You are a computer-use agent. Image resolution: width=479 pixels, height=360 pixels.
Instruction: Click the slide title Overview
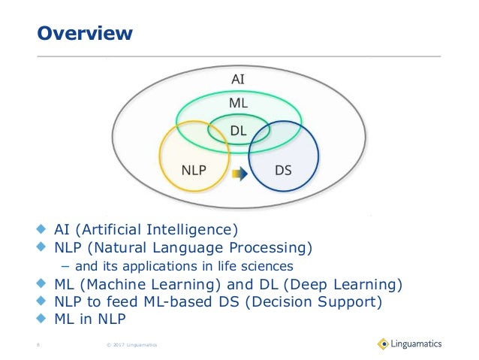coord(86,34)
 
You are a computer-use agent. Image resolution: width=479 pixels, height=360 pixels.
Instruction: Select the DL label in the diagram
coord(238,132)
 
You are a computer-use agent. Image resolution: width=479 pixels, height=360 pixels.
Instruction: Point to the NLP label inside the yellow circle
coord(194,170)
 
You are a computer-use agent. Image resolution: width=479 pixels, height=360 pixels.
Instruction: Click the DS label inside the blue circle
coord(283,170)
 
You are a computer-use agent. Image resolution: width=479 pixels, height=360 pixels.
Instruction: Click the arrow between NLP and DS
coord(239,174)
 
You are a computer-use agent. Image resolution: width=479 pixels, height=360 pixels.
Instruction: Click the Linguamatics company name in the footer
coord(417,344)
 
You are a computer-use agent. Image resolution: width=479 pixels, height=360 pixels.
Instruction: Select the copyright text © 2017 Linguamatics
coord(126,346)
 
